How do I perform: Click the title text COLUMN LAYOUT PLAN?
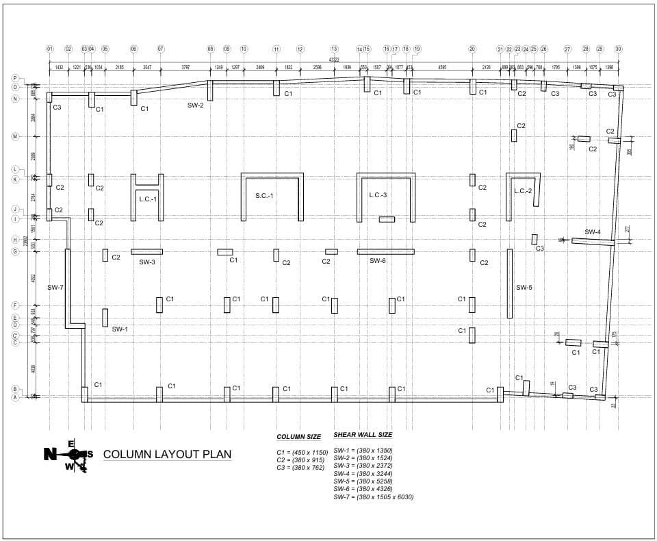point(167,454)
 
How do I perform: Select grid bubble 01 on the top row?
point(50,49)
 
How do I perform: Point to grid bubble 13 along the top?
point(334,49)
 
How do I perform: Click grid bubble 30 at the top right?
point(618,49)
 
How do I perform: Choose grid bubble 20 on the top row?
point(472,49)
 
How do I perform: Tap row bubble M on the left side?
point(15,137)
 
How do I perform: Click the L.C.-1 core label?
point(148,199)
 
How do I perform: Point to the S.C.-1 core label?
point(264,195)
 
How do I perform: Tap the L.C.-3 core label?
point(378,195)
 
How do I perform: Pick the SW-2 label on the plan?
point(196,105)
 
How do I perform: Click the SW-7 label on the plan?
point(55,287)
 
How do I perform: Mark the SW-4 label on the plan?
point(593,232)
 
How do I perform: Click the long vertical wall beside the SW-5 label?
point(509,284)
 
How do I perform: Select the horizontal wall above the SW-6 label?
point(385,251)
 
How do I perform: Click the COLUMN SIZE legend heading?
point(298,437)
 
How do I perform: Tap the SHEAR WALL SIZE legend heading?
point(363,434)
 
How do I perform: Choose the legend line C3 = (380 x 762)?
point(299,467)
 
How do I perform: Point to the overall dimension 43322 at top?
point(334,60)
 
